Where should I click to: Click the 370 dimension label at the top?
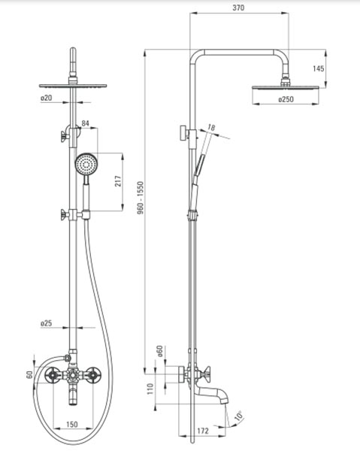point(238,8)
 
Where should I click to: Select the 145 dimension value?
point(319,68)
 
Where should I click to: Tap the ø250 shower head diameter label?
point(286,99)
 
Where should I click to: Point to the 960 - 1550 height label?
point(141,198)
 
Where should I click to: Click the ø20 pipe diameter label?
point(47,98)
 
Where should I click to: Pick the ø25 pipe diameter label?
point(47,323)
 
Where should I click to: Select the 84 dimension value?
point(86,123)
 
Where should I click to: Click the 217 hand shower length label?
point(118,181)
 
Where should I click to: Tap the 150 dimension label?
point(72,424)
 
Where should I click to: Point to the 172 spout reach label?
point(203,431)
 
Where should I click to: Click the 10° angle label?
point(239,416)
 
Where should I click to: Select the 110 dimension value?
point(150,389)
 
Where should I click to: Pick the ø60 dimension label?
point(160,351)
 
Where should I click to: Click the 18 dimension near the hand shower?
point(211,127)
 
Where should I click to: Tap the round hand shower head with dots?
point(86,164)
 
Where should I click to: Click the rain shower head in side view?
point(286,87)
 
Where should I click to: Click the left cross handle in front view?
point(53,375)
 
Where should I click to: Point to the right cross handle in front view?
point(93,375)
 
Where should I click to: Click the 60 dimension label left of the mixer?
point(29,375)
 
